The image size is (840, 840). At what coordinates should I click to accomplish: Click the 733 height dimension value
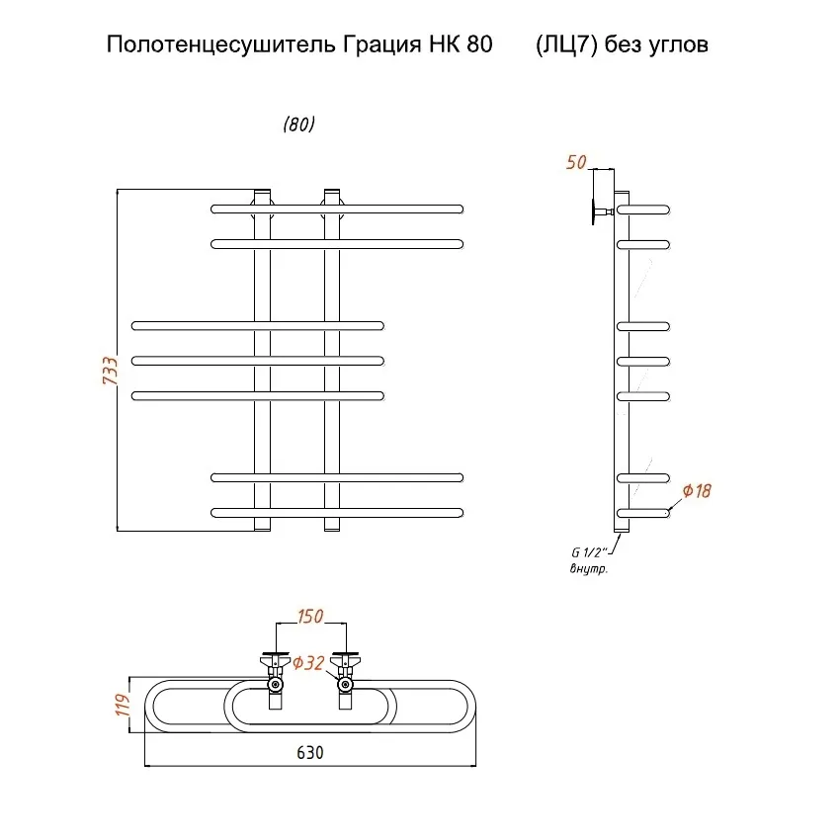110,371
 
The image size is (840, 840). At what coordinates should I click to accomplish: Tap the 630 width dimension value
310,752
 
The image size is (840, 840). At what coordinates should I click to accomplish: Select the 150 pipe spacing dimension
310,616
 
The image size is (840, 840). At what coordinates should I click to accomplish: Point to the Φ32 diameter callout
308,663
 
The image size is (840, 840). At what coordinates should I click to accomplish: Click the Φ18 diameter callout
697,491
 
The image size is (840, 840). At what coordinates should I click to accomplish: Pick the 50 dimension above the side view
576,162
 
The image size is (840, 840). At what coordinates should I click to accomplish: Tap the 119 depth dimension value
123,705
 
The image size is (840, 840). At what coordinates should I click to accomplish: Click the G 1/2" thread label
589,552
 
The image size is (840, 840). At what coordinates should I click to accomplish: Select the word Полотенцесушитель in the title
220,44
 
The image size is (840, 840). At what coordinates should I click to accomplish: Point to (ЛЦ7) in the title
566,44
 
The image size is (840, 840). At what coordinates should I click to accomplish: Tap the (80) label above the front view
298,125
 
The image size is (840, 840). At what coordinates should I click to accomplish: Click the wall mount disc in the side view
594,212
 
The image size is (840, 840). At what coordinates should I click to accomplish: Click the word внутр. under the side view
589,568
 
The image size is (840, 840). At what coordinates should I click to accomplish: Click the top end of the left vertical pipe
262,190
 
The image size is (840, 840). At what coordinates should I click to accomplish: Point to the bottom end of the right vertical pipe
332,531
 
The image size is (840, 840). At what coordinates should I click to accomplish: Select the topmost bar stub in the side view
643,210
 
